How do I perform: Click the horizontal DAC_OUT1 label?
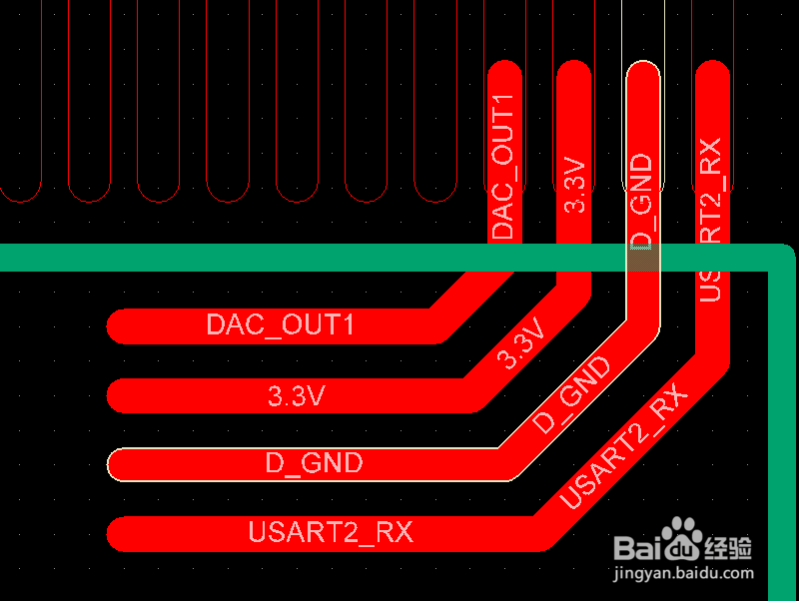280,325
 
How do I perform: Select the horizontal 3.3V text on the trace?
297,396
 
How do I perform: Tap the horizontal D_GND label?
314,464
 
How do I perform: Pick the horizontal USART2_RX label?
331,533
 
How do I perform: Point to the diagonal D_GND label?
571,395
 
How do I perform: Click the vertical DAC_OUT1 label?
504,166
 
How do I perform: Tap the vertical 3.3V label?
574,184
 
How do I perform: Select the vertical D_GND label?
642,201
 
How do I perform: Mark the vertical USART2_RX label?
711,220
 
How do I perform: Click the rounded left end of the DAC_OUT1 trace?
119,325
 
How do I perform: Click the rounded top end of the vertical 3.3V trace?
573,72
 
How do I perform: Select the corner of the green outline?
779,259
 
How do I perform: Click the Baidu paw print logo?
684,540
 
